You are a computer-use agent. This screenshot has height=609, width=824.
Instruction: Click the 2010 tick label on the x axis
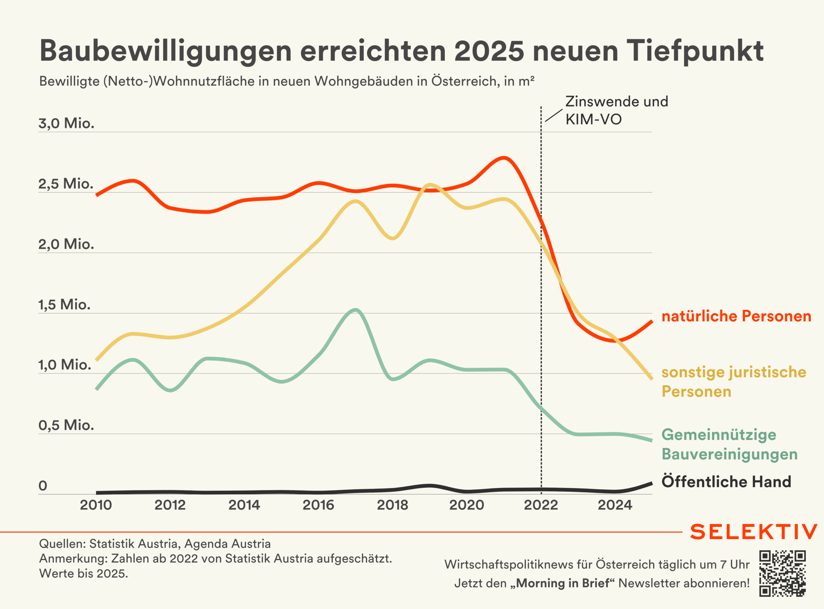click(96, 505)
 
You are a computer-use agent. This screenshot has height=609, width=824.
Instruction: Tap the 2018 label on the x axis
click(392, 505)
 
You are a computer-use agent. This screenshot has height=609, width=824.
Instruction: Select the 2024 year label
click(615, 505)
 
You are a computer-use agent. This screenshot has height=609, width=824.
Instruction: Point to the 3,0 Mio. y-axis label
click(66, 123)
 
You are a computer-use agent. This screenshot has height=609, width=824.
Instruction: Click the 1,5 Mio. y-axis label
click(64, 305)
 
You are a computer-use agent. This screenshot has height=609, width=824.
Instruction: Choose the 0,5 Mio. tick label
click(66, 425)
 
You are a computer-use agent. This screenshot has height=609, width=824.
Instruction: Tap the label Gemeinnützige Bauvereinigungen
click(729, 444)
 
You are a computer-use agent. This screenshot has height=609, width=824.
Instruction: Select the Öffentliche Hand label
click(726, 482)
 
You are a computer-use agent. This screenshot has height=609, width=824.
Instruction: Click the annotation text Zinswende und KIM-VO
click(617, 110)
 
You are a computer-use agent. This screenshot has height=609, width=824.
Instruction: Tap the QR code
click(782, 573)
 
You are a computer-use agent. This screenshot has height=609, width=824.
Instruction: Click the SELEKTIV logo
click(753, 532)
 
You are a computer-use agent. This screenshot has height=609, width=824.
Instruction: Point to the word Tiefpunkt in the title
click(695, 51)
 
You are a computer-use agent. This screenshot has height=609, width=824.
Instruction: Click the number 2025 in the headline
click(489, 51)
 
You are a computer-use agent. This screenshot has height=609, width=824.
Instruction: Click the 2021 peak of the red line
click(504, 158)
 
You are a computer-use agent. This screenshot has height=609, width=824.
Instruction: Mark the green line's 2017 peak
click(355, 310)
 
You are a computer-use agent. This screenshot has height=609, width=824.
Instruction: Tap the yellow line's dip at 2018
click(392, 238)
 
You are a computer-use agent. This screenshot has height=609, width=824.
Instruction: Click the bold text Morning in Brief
click(562, 583)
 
